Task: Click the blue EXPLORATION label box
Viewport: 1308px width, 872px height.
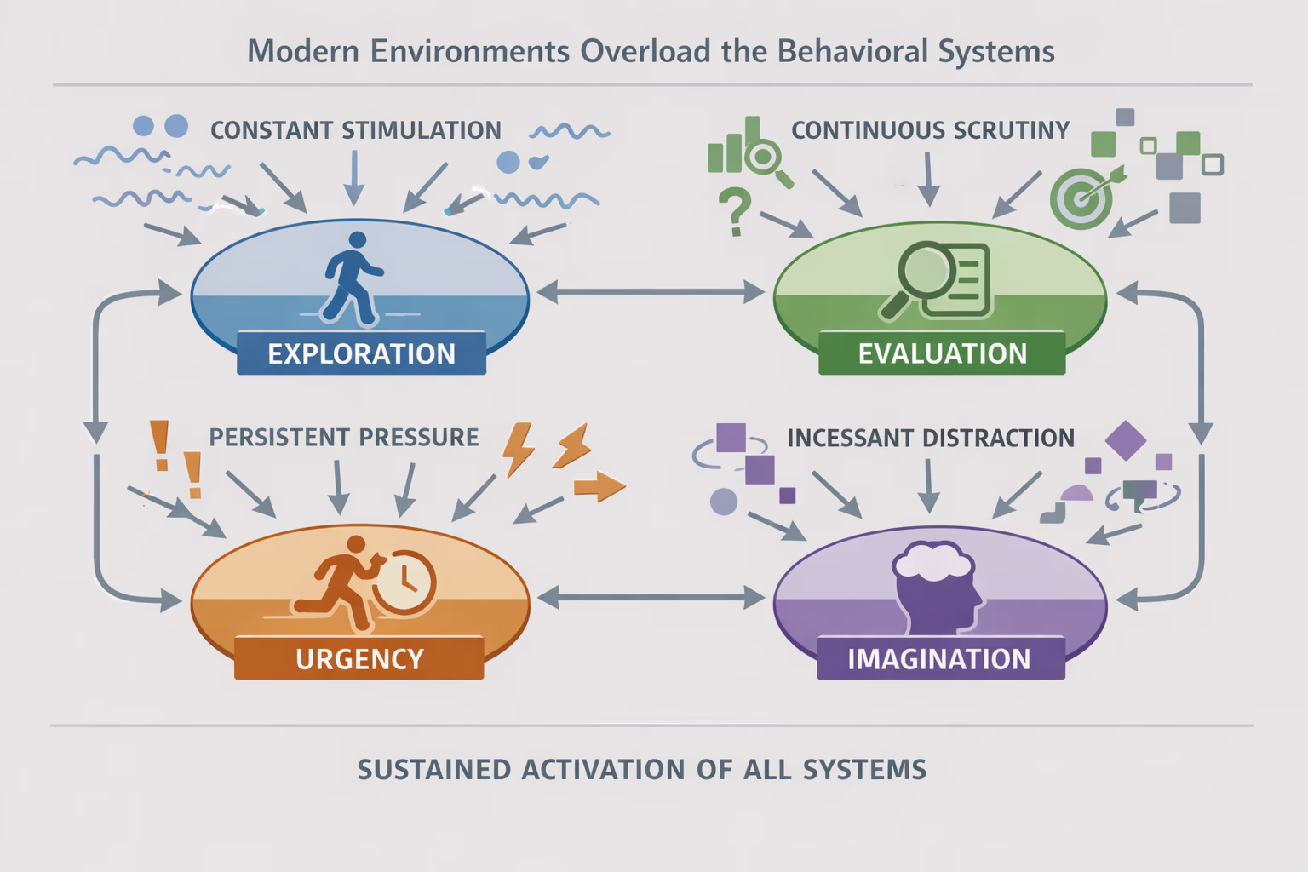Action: (x=361, y=353)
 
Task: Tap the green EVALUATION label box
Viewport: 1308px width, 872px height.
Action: (x=942, y=353)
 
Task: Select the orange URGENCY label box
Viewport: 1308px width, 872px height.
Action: (x=359, y=658)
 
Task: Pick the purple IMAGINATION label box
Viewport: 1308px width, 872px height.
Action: (x=940, y=658)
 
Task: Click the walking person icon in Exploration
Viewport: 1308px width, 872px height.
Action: (x=352, y=278)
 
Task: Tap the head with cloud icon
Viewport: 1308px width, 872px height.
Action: (x=935, y=586)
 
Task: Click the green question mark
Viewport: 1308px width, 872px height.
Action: (x=734, y=212)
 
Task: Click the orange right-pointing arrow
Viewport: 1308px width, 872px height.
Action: (x=599, y=487)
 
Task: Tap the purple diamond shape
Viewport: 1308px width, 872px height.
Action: (x=1125, y=440)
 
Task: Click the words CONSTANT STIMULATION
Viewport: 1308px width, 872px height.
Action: (x=356, y=130)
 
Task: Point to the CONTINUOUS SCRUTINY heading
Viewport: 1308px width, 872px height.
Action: (x=930, y=130)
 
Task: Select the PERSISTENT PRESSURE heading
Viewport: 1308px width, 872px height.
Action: (x=344, y=438)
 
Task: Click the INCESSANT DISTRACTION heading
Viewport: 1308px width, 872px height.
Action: (x=931, y=438)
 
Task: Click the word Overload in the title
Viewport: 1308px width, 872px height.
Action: (x=645, y=51)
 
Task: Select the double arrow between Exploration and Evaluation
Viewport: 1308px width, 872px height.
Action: (x=651, y=292)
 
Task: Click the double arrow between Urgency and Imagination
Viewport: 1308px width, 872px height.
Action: (x=651, y=597)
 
